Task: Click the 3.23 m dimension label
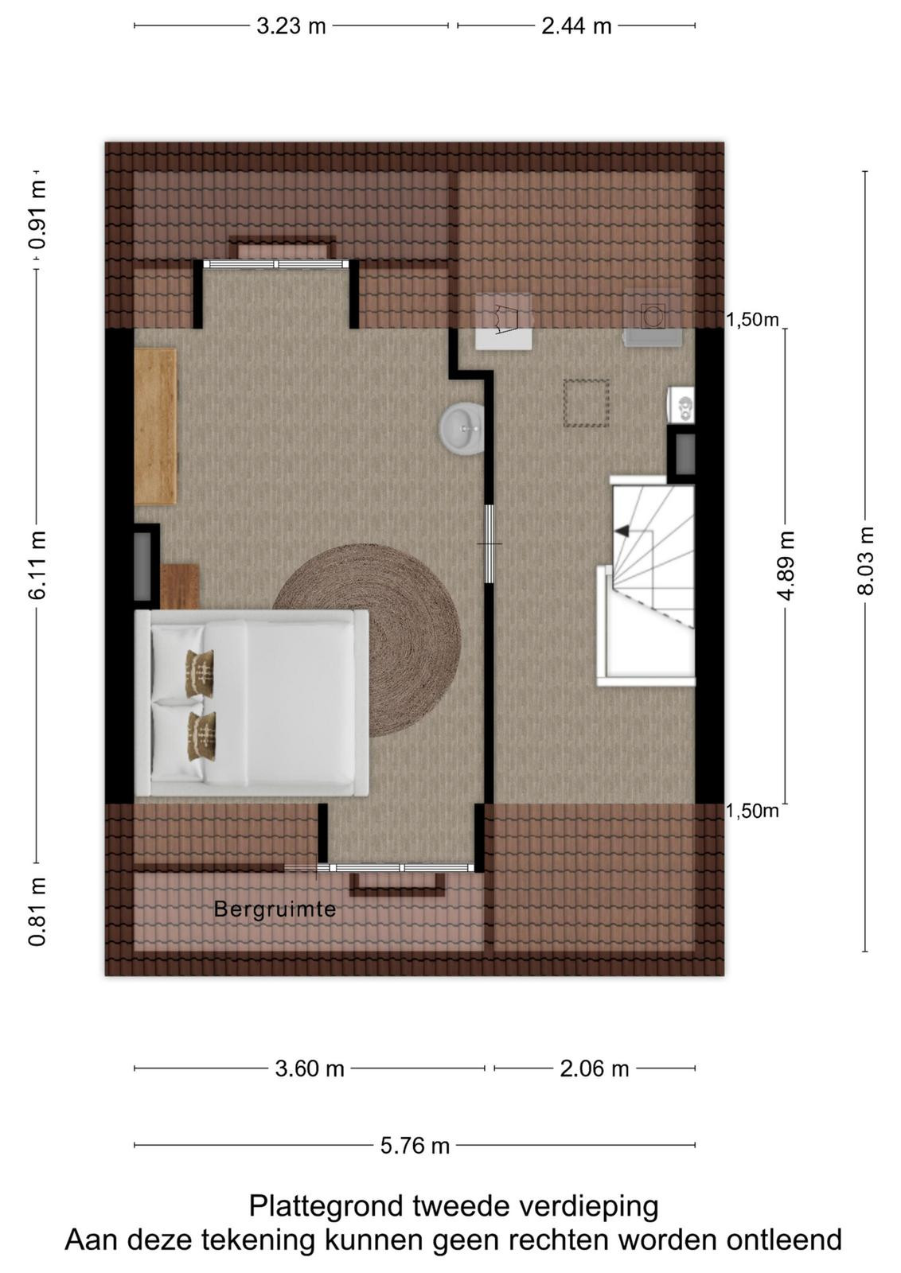(291, 26)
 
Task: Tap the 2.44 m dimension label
(575, 26)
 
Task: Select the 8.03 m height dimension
(865, 561)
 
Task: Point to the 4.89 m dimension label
(786, 566)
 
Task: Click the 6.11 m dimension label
(37, 565)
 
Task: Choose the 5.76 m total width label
(415, 1145)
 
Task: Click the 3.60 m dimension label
(310, 1069)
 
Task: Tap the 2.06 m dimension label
(595, 1069)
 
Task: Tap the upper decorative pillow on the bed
(200, 673)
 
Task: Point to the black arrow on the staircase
(622, 531)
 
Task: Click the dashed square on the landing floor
(586, 403)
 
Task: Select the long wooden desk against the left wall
(155, 426)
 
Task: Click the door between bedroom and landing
(488, 544)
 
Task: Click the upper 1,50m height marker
(752, 320)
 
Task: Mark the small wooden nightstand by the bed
(179, 586)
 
